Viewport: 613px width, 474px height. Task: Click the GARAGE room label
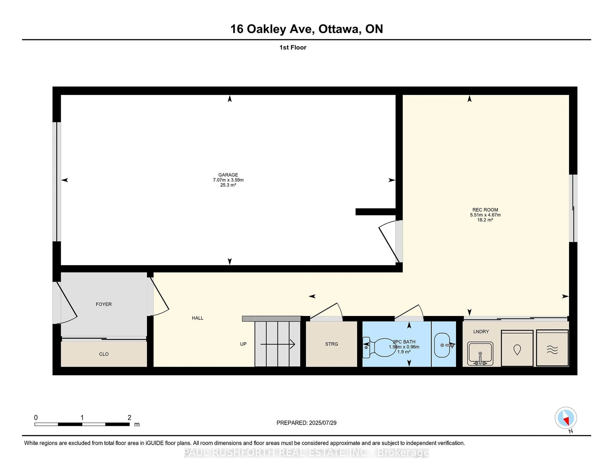tap(228, 175)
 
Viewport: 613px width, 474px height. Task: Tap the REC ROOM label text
tap(485, 210)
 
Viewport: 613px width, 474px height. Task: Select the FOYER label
tap(104, 304)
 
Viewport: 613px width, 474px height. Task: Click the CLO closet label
tap(104, 354)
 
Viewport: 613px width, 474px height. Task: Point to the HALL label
tap(197, 318)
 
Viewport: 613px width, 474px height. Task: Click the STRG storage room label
tap(331, 344)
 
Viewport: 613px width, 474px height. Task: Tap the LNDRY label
tap(481, 332)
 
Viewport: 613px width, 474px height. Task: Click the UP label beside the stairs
tap(243, 344)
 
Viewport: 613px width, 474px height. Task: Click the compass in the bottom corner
tap(566, 418)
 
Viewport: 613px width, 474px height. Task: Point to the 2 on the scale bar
tap(129, 418)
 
